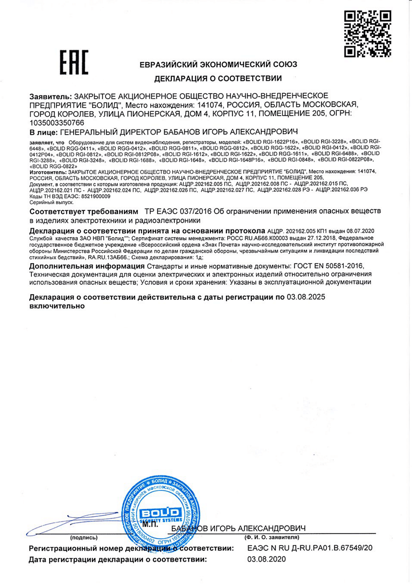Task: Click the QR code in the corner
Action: [x=368, y=33]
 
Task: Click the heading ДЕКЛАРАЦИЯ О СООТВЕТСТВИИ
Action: [x=218, y=79]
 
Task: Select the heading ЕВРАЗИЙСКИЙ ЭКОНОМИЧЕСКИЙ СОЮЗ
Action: [x=218, y=64]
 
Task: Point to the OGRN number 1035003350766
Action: [x=57, y=123]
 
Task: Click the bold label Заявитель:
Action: [x=51, y=96]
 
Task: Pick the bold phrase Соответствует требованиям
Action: [x=84, y=211]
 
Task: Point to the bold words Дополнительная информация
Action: [x=87, y=266]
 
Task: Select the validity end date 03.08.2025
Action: [x=306, y=297]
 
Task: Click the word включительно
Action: [x=57, y=306]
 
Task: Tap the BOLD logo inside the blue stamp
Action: [x=160, y=513]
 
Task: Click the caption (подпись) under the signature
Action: [x=84, y=537]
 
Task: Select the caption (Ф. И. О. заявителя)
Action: [x=272, y=537]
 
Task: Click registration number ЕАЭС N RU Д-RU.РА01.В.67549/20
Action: [x=310, y=548]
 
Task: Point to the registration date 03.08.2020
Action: [x=266, y=559]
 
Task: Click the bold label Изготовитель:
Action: [x=49, y=172]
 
